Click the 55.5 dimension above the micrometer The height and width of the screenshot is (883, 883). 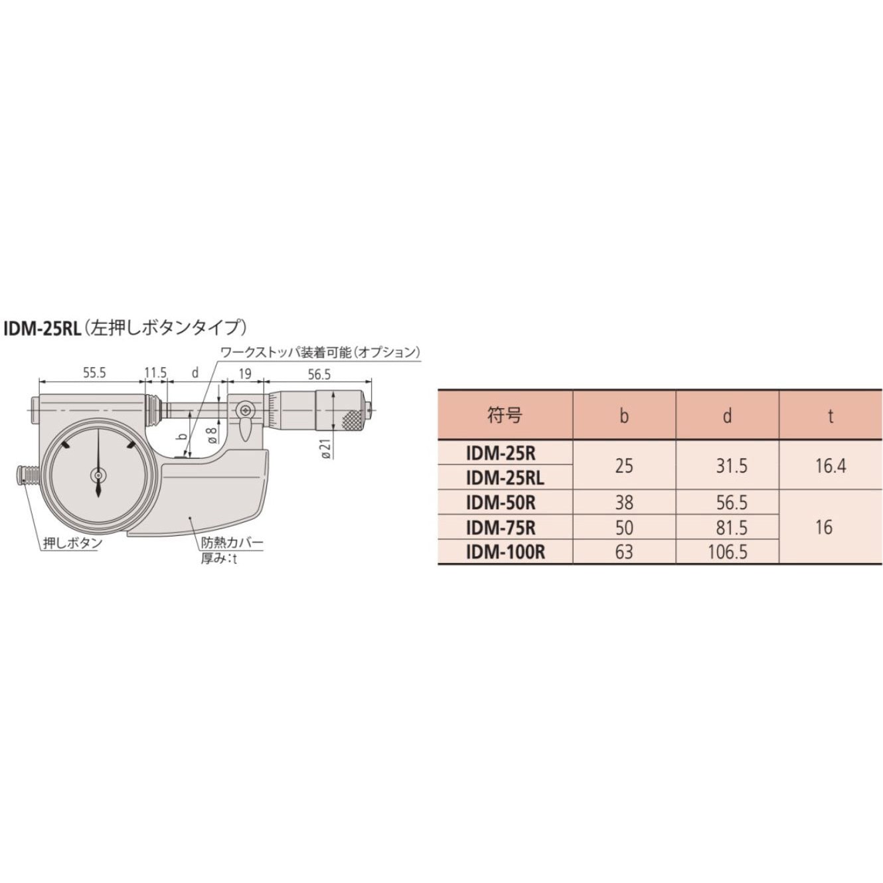tap(94, 373)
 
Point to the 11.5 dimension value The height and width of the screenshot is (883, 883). tap(156, 373)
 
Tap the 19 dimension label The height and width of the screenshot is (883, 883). tap(246, 374)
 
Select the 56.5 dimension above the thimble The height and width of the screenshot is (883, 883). tap(319, 374)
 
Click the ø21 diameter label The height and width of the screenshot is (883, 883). tap(326, 447)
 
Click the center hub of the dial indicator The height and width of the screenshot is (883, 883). tap(98, 477)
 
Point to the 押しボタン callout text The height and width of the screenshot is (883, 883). tap(72, 543)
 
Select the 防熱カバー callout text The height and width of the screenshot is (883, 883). tap(232, 542)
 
